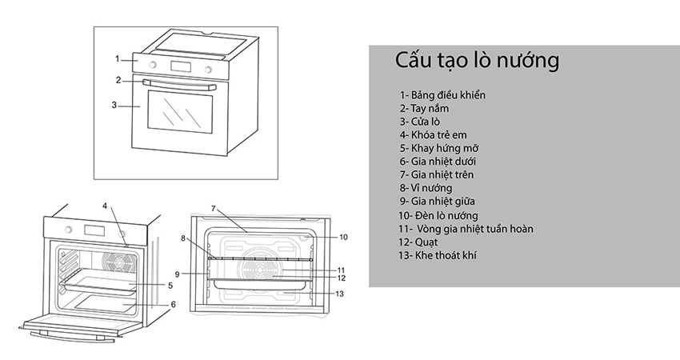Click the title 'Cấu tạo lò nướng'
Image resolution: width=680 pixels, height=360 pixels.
(x=477, y=62)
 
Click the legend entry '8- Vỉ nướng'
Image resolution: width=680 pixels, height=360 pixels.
(x=430, y=188)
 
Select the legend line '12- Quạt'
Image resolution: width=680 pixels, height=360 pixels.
(x=421, y=242)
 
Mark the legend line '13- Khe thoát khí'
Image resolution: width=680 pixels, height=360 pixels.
(x=439, y=255)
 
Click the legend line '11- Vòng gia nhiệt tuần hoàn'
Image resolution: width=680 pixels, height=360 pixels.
(x=465, y=229)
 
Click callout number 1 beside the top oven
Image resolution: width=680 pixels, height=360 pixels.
(x=117, y=58)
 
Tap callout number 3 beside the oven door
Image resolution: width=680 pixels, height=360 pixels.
(x=114, y=105)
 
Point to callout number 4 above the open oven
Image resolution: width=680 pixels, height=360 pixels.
(x=104, y=206)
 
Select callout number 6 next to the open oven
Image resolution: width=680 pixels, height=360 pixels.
(x=172, y=305)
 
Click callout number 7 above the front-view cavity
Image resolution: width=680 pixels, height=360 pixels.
(x=214, y=209)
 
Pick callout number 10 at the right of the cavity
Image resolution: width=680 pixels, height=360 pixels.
(x=343, y=238)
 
